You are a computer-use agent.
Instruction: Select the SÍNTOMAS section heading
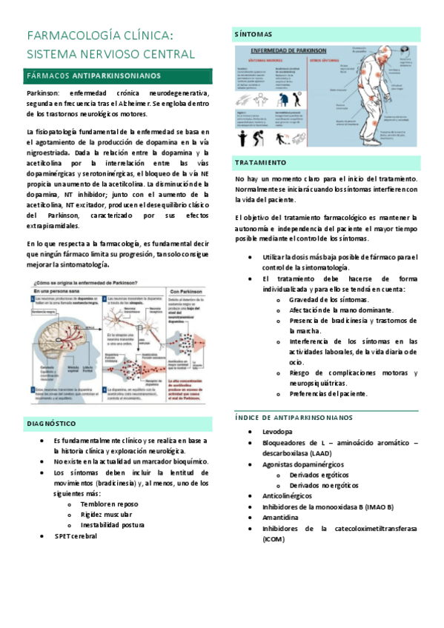[x=253, y=34]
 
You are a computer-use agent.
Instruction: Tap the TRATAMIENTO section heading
[x=260, y=162]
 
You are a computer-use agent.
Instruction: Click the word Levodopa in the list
[x=277, y=431]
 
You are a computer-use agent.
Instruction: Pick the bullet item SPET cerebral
[x=76, y=535]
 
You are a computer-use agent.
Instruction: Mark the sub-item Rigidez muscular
[x=107, y=514]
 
